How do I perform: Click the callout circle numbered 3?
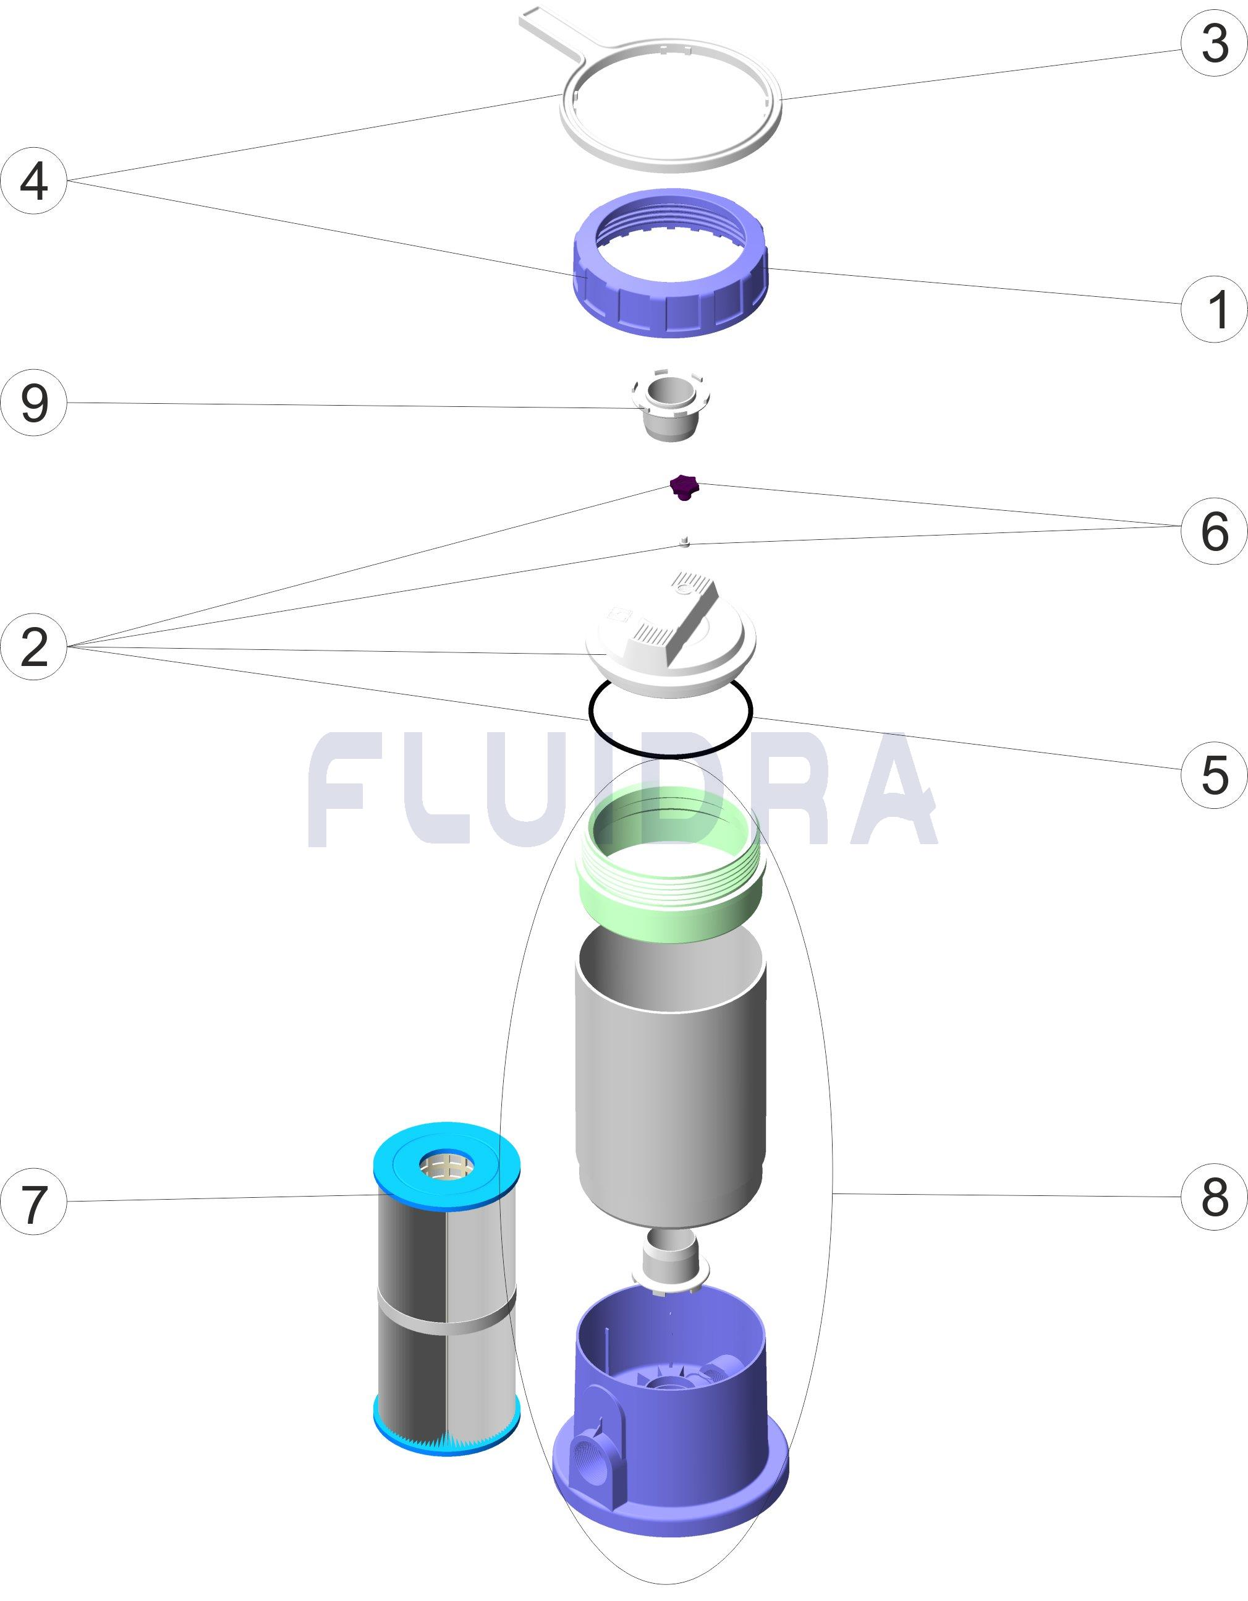1213,43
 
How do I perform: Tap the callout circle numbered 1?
1213,309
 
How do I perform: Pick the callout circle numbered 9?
34,403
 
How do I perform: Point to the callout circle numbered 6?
1213,531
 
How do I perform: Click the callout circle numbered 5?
1213,774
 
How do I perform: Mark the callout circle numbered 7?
34,1201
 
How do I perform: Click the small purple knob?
684,486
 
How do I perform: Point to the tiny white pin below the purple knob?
684,542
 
